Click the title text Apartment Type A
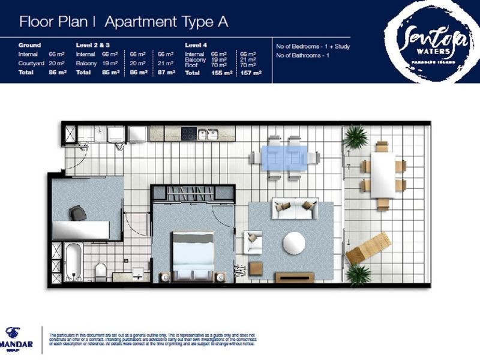tap(166, 22)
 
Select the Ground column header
tap(29, 45)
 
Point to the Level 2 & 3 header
tap(93, 45)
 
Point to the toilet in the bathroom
tap(100, 271)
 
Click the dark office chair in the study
tap(77, 213)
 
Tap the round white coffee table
tap(295, 243)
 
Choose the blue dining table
tap(285, 157)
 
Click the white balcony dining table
tap(383, 174)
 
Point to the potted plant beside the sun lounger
tap(358, 274)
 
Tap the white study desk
tap(82, 230)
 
